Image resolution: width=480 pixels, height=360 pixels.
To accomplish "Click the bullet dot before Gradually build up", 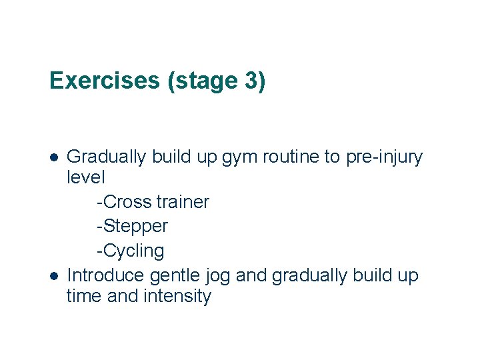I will tap(55, 157).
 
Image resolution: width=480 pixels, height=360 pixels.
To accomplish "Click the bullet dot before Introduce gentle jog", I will tap(55, 276).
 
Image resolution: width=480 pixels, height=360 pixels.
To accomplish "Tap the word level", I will tap(86, 178).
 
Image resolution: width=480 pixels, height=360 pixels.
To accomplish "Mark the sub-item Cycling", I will tap(133, 251).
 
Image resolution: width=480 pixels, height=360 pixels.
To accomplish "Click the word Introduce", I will tap(107, 275).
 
